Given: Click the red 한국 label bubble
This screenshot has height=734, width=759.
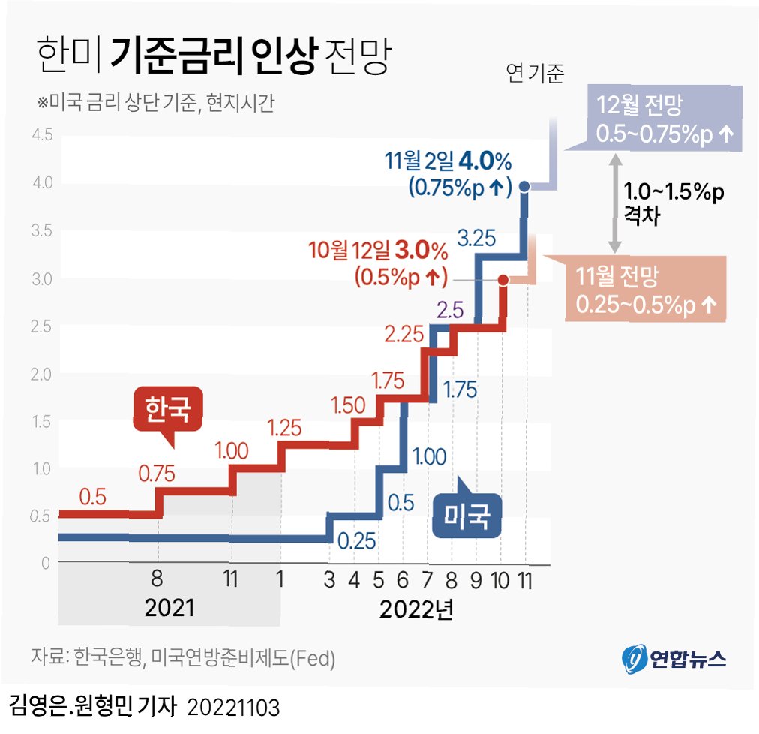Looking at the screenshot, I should tap(167, 410).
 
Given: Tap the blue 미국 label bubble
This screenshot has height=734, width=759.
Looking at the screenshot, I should tap(466, 516).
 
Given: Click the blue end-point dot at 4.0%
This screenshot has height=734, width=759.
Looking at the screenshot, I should tap(525, 185).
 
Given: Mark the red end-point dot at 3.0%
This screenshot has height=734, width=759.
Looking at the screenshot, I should tap(503, 280).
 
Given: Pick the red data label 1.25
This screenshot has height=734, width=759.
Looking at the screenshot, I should tap(284, 428).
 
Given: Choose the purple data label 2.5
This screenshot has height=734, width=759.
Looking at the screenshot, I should tap(448, 309).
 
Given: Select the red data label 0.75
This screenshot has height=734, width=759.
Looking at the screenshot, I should tap(157, 474).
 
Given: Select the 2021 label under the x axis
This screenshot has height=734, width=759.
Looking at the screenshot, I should tap(169, 607).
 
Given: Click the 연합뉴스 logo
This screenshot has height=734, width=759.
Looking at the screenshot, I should tap(673, 658).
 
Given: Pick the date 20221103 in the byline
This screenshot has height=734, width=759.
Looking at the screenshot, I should tap(232, 708).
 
